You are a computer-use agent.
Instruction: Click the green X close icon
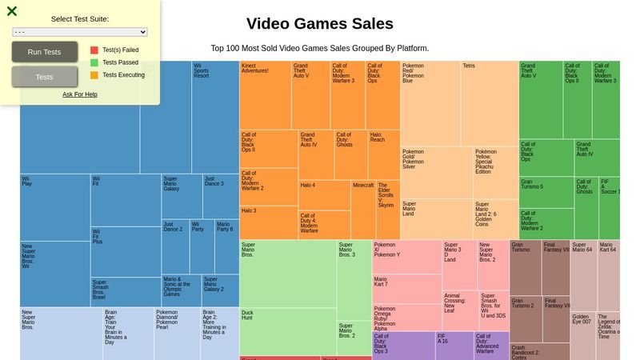point(11,11)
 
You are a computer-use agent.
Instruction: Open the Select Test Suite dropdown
point(80,32)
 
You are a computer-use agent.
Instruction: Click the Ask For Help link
point(80,94)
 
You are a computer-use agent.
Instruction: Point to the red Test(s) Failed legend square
point(94,50)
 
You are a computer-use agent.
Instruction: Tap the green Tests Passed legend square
point(94,62)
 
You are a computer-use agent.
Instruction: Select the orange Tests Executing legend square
point(94,75)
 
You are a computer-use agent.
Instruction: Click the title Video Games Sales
point(319,24)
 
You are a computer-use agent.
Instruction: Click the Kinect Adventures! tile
point(265,94)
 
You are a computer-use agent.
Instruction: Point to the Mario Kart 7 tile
point(406,289)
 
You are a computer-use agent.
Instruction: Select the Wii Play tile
point(54,207)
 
